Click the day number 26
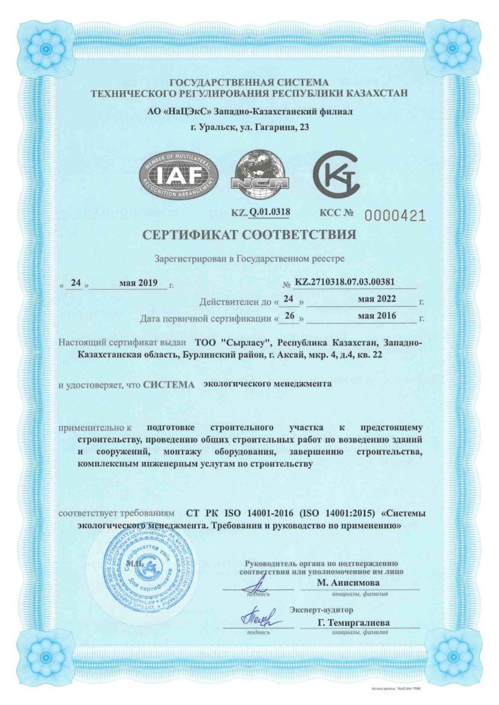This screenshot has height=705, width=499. coord(289,318)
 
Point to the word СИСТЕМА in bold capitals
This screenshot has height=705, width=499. coord(170,384)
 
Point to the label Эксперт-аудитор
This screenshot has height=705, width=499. coord(321,609)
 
